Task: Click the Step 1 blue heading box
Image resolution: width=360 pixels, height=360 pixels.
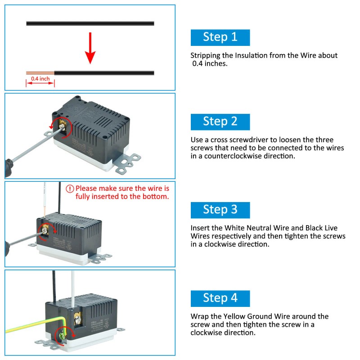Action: pyautogui.click(x=220, y=37)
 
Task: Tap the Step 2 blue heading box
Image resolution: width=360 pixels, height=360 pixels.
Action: pyautogui.click(x=220, y=122)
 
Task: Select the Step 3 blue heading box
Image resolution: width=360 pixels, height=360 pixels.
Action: pyautogui.click(x=220, y=210)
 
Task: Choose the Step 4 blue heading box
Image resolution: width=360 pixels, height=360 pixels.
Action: pyautogui.click(x=220, y=298)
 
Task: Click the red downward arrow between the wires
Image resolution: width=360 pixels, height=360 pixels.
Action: pyautogui.click(x=90, y=48)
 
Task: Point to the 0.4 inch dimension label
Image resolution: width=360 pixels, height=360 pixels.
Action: pyautogui.click(x=40, y=79)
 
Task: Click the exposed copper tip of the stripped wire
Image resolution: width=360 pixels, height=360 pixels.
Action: pyautogui.click(x=40, y=73)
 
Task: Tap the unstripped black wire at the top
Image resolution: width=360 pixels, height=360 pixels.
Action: pyautogui.click(x=90, y=23)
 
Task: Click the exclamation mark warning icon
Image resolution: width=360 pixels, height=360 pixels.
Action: pyautogui.click(x=70, y=189)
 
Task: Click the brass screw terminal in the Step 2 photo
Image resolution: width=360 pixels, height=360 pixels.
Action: pyautogui.click(x=63, y=126)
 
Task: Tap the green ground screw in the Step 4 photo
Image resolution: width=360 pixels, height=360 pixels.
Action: pyautogui.click(x=62, y=336)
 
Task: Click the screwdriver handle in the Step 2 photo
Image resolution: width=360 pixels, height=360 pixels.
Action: pyautogui.click(x=9, y=168)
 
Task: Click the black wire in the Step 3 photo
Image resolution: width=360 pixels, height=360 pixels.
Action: pyautogui.click(x=59, y=198)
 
